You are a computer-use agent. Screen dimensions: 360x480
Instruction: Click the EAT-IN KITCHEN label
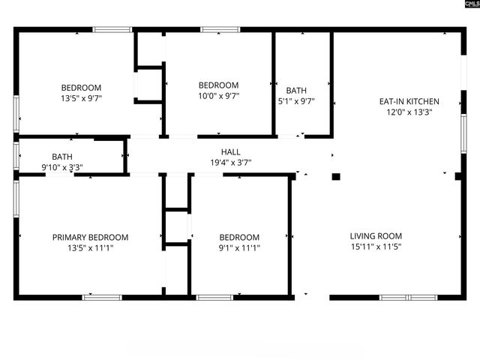(x=408, y=101)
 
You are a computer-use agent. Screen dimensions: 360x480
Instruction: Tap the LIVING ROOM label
(x=376, y=236)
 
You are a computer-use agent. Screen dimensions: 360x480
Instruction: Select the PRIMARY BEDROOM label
(x=90, y=238)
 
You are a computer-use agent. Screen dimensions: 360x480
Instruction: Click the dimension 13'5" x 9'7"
(x=81, y=98)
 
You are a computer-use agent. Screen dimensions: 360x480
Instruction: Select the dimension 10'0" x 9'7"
(x=218, y=96)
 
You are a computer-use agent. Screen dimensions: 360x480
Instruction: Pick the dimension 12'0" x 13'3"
(x=408, y=112)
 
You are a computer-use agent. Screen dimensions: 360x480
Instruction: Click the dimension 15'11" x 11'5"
(x=376, y=247)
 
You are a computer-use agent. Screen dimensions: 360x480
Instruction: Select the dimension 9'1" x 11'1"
(x=239, y=248)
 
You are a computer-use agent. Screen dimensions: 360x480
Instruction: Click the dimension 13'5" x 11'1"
(x=90, y=248)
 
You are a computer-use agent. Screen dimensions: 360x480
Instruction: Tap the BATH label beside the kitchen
(x=296, y=90)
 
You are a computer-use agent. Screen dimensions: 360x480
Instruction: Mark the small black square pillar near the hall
(x=336, y=177)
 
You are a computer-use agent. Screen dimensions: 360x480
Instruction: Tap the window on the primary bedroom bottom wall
(x=102, y=298)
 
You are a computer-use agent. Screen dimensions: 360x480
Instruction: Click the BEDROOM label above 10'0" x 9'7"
(x=218, y=85)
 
